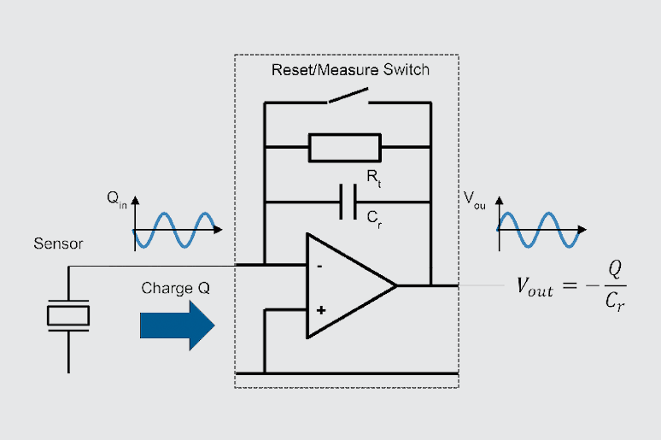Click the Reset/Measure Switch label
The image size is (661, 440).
(350, 70)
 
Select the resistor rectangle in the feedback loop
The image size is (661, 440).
(345, 148)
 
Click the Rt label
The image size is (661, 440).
(373, 177)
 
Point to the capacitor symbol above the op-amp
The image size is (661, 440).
(348, 202)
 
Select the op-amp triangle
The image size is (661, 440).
(346, 285)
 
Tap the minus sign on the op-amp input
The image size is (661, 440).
(319, 266)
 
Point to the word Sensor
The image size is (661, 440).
(58, 244)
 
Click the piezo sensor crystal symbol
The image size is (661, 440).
(67, 315)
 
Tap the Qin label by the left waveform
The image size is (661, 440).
(117, 198)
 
